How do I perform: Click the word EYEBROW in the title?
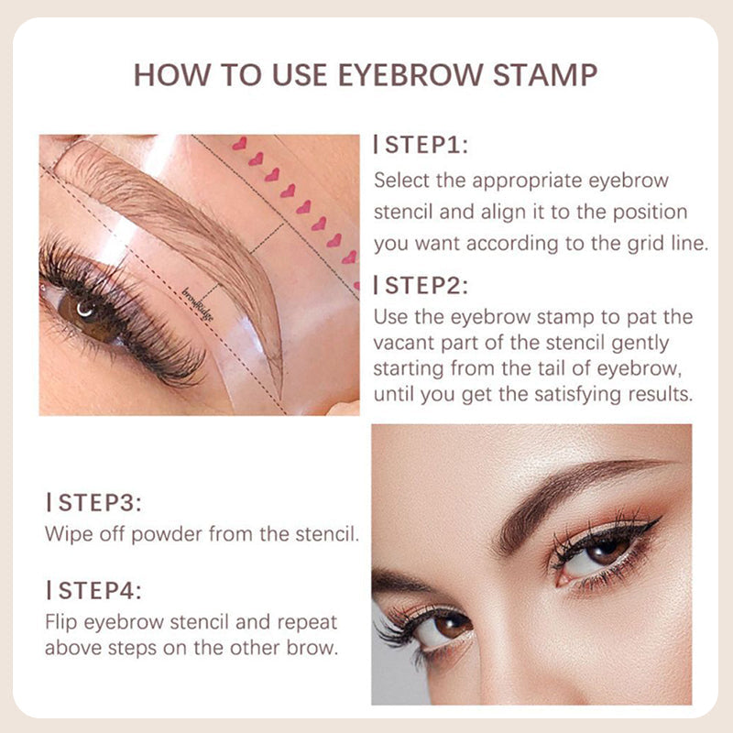tap(410, 75)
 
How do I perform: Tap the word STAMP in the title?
tap(545, 75)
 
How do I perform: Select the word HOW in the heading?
tap(172, 75)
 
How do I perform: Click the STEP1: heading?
tap(421, 145)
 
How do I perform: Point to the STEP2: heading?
tap(421, 286)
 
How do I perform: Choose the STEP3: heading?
tap(94, 502)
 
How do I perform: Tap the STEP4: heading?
tap(94, 590)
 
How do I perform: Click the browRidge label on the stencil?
tap(197, 304)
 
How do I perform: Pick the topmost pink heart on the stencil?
tap(239, 143)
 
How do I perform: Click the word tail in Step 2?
tap(552, 368)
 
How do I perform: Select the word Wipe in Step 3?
tap(64, 534)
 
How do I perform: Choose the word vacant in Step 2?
tap(403, 343)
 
